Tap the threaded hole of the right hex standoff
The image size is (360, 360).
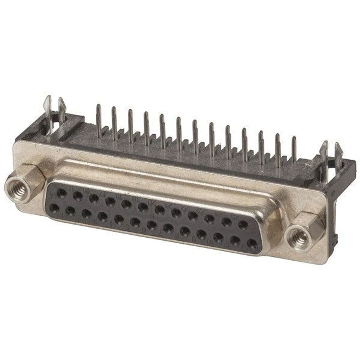pos(299,238)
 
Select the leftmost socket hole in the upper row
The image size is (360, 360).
pos(62,194)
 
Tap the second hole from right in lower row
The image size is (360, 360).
pos(235,241)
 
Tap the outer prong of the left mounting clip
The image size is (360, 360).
pos(48,108)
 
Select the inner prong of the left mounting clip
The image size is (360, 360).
pos(62,110)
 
